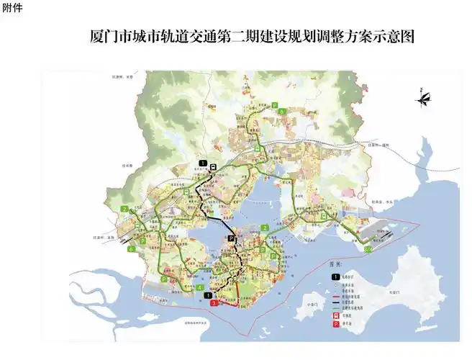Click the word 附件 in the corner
[12, 7]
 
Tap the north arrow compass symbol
[425, 96]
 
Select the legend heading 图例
[340, 265]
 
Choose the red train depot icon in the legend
[335, 315]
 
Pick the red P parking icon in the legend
[335, 325]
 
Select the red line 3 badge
[214, 304]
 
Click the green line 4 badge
[199, 287]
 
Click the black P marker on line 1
[231, 237]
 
